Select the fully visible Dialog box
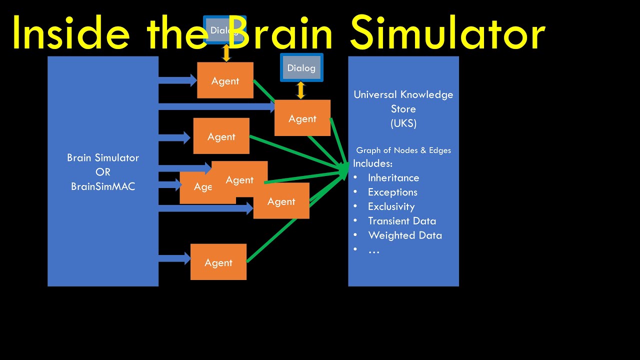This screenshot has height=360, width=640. [301, 68]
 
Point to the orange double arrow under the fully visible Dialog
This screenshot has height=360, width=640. [300, 90]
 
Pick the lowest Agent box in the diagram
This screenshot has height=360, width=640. [218, 262]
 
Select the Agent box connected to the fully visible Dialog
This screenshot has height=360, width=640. [302, 118]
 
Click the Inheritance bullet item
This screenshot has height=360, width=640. [393, 178]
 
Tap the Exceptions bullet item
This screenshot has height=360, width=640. [392, 192]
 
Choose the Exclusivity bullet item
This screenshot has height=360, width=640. [391, 207]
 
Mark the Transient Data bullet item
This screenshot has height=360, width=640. [401, 221]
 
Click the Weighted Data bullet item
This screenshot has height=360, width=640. [404, 235]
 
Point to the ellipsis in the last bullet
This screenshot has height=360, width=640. [373, 250]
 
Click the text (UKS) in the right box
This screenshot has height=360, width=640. [403, 123]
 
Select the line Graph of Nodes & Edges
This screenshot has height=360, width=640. [403, 150]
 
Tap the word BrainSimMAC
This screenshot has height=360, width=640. [103, 186]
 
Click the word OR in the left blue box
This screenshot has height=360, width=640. [103, 172]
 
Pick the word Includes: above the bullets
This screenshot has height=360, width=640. [372, 163]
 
